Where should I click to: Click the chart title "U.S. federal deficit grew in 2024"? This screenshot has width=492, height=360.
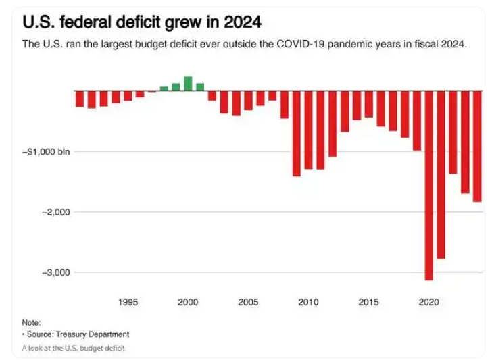tap(142, 22)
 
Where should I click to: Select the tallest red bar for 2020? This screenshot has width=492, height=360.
tap(428, 185)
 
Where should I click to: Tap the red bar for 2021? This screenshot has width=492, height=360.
tap(441, 174)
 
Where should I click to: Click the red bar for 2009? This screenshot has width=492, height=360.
tap(296, 133)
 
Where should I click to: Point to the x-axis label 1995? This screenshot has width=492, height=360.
tap(128, 302)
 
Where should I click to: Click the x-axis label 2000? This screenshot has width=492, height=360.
tap(188, 302)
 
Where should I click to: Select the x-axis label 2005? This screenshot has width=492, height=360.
tap(248, 302)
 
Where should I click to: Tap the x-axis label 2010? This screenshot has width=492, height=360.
tap(308, 302)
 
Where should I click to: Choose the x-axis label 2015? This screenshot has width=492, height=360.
tap(368, 302)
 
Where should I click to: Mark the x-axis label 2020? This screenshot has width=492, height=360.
tap(428, 302)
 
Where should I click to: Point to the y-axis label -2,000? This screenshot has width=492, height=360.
tap(55, 212)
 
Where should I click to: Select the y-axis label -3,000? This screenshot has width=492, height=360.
tap(55, 272)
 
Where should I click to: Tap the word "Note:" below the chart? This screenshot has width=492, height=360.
tap(31, 323)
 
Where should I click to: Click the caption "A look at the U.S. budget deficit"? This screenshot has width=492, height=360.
tap(73, 348)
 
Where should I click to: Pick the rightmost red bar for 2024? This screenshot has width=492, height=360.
tap(477, 146)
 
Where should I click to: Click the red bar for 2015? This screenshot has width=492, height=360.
tap(368, 104)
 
